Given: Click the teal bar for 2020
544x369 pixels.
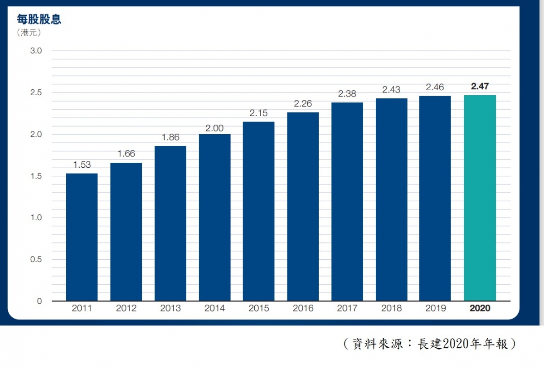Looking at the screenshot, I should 480,198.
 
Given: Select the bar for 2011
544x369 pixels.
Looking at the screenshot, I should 82,237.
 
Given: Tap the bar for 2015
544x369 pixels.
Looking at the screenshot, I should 258,211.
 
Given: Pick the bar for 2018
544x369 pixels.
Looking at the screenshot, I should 391,199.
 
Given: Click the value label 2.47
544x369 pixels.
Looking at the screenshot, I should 480,86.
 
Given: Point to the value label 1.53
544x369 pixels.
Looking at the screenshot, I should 82,165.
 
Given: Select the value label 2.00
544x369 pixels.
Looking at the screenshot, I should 214,128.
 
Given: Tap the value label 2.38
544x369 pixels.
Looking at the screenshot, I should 347,94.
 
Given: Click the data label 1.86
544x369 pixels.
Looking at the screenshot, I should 170,137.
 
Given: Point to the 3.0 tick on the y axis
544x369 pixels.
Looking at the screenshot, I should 36,51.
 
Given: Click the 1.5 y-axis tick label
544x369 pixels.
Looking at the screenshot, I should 36,176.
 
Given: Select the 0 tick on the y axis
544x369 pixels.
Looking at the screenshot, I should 39,301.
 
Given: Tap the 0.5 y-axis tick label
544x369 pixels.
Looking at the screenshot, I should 36,259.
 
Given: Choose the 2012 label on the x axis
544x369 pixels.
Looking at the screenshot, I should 126,309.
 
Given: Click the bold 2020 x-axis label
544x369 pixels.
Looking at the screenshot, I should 480,309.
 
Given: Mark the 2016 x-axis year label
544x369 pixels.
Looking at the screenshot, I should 303,309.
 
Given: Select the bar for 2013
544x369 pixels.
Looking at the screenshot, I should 170,223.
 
